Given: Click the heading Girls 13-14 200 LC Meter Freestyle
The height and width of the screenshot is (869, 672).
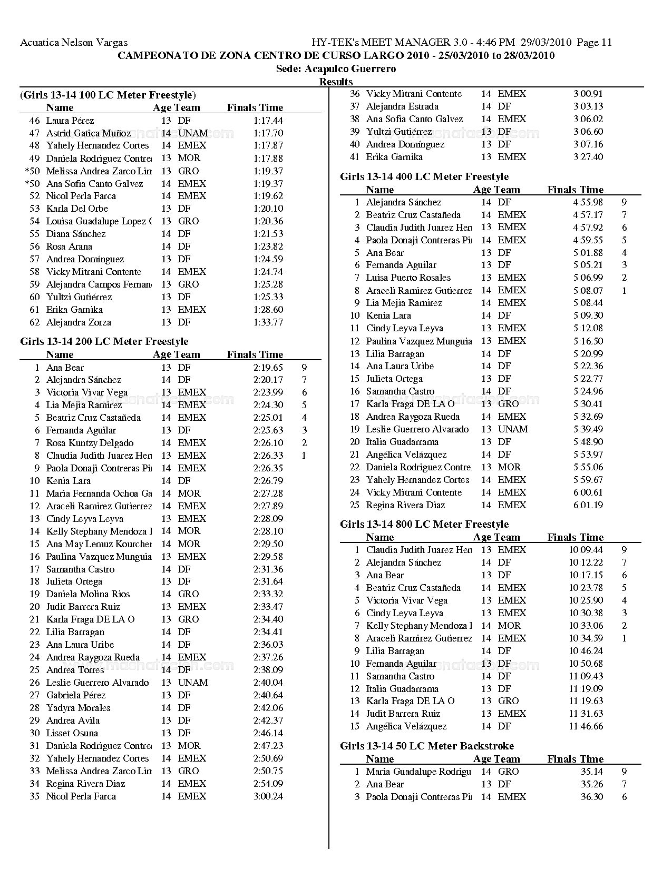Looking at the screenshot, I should tap(104, 341).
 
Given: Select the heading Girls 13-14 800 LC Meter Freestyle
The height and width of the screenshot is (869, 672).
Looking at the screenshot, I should tap(424, 524).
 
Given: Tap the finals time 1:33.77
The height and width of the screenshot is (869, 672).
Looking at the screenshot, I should tap(268, 322).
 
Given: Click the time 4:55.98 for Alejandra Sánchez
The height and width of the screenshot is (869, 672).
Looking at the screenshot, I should tap(588, 202).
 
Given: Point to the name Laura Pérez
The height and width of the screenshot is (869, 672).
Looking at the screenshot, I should tap(70, 121).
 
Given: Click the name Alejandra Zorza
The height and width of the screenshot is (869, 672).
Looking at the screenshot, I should tap(79, 322).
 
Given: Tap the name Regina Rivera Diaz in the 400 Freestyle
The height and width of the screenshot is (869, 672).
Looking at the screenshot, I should tap(405, 505).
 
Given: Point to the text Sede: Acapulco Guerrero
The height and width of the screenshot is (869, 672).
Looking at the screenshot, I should tap(336, 69).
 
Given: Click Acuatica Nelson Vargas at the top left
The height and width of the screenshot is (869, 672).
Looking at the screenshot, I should tap(73, 43).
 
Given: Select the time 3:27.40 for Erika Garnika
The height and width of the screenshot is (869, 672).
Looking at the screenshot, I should tap(588, 157).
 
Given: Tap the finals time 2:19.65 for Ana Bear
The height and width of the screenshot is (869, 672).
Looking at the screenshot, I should tap(268, 368).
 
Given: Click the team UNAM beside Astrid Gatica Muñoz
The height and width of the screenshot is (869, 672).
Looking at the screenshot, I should tap(192, 133).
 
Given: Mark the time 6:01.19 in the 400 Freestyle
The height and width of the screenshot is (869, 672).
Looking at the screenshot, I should tap(588, 505).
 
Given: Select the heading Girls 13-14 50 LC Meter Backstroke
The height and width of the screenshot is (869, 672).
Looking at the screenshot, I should tap(426, 746).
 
